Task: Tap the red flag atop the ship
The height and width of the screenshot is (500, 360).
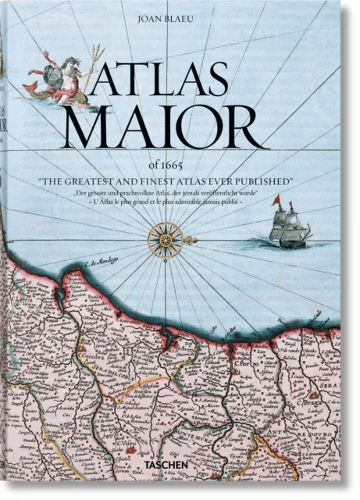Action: click(275, 201)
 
